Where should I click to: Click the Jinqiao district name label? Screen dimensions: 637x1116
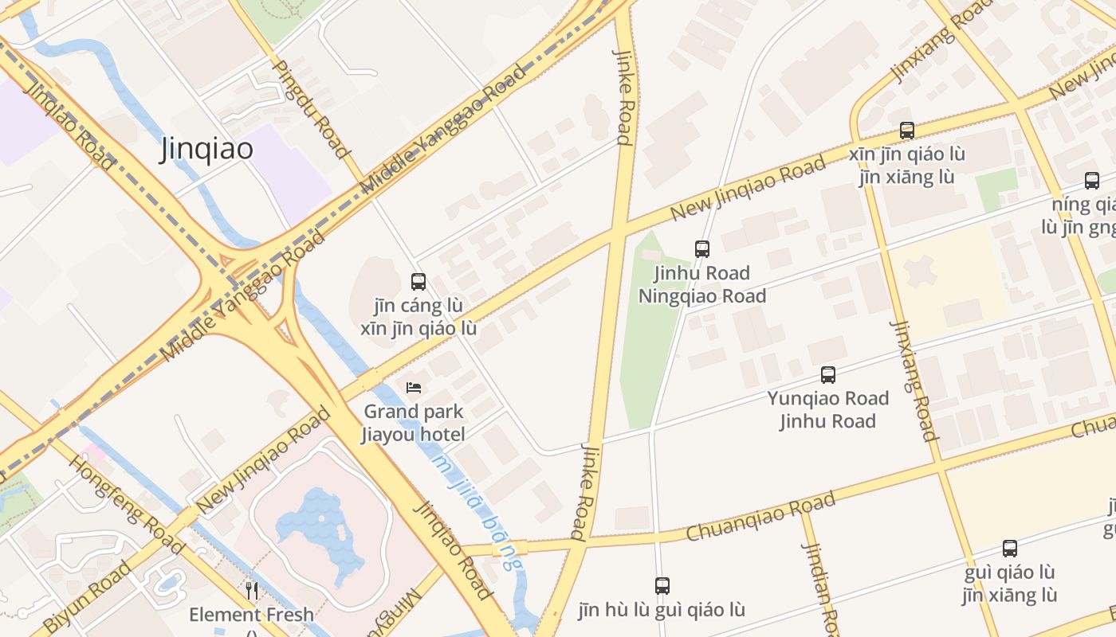[206, 149]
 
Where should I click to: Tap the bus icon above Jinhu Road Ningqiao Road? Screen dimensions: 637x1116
[702, 248]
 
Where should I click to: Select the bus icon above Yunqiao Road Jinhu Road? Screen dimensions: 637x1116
[828, 374]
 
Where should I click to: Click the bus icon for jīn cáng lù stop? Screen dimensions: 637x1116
[418, 281]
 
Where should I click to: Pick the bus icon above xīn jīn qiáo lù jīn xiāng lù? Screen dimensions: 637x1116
[906, 130]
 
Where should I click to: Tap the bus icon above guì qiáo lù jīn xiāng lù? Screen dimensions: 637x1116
[1010, 548]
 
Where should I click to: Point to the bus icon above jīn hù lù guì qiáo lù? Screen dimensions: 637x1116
[662, 585]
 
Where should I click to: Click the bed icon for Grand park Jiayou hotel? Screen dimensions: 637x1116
[414, 387]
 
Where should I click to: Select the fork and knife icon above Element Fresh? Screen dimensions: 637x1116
[252, 590]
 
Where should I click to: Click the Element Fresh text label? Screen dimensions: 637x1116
[252, 615]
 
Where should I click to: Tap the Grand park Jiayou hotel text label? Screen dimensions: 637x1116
[414, 423]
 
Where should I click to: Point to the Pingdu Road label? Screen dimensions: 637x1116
[312, 108]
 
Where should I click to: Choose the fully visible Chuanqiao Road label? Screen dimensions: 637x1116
[760, 517]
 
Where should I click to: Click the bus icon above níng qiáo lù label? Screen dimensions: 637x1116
[1091, 180]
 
